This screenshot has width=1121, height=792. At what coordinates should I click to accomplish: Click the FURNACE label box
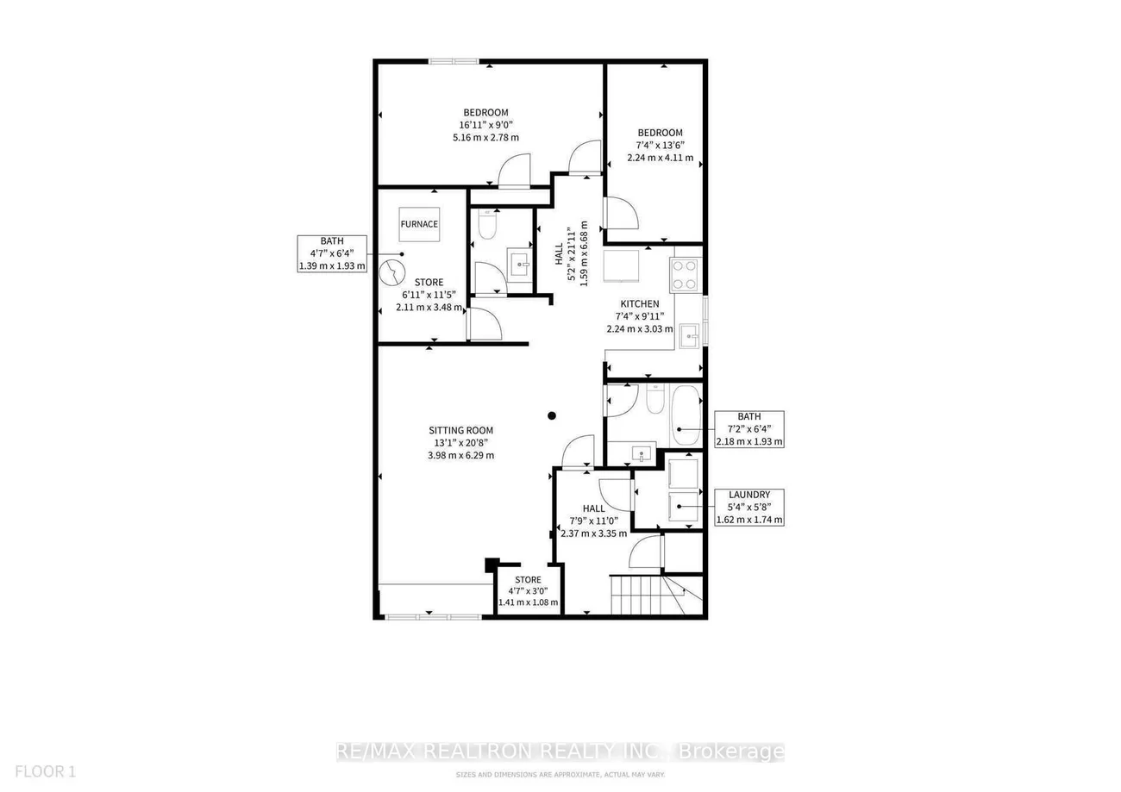pyautogui.click(x=419, y=224)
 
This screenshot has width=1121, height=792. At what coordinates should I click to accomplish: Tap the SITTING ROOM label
pyautogui.click(x=461, y=430)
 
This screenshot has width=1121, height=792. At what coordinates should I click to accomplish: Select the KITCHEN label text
pyautogui.click(x=640, y=303)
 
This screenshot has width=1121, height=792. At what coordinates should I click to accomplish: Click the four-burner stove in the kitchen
pyautogui.click(x=686, y=275)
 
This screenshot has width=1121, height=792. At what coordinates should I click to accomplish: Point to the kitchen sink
pyautogui.click(x=690, y=336)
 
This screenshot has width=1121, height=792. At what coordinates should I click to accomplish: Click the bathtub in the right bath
pyautogui.click(x=686, y=415)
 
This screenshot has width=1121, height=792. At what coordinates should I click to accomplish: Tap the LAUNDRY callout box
pyautogui.click(x=748, y=508)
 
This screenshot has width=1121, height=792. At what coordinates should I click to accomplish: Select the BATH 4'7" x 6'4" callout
pyautogui.click(x=332, y=253)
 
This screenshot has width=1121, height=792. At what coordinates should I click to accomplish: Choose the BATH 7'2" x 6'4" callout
pyautogui.click(x=749, y=429)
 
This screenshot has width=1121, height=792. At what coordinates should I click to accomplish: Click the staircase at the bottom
pyautogui.click(x=656, y=595)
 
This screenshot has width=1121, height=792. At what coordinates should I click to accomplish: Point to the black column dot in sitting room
pyautogui.click(x=552, y=415)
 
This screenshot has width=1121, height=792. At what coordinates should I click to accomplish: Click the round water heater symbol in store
pyautogui.click(x=392, y=273)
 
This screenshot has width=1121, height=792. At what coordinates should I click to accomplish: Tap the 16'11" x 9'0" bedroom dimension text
pyautogui.click(x=486, y=125)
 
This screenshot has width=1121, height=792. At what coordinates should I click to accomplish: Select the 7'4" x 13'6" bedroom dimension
pyautogui.click(x=660, y=146)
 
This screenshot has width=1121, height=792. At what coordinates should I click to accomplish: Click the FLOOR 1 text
pyautogui.click(x=46, y=771)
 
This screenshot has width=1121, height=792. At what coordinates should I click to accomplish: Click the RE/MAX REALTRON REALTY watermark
pyautogui.click(x=560, y=751)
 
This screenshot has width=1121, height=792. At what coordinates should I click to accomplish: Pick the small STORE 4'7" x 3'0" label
pyautogui.click(x=528, y=591)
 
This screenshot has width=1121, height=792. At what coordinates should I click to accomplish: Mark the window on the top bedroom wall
pyautogui.click(x=454, y=61)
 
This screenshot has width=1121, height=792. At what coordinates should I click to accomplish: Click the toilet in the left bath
pyautogui.click(x=487, y=224)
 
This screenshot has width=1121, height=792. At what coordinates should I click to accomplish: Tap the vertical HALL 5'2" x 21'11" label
pyautogui.click(x=571, y=253)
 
